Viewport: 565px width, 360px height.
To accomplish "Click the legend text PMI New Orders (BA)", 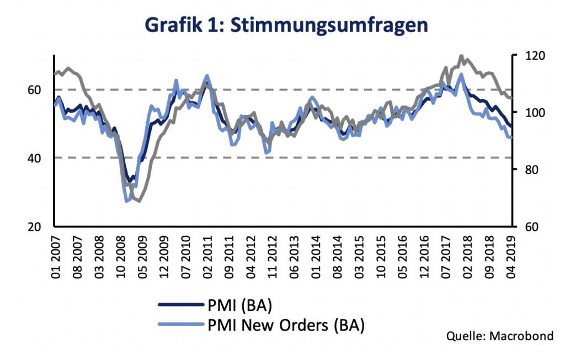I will tap(286, 325).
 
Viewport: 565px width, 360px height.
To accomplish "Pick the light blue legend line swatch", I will tap(178, 325).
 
